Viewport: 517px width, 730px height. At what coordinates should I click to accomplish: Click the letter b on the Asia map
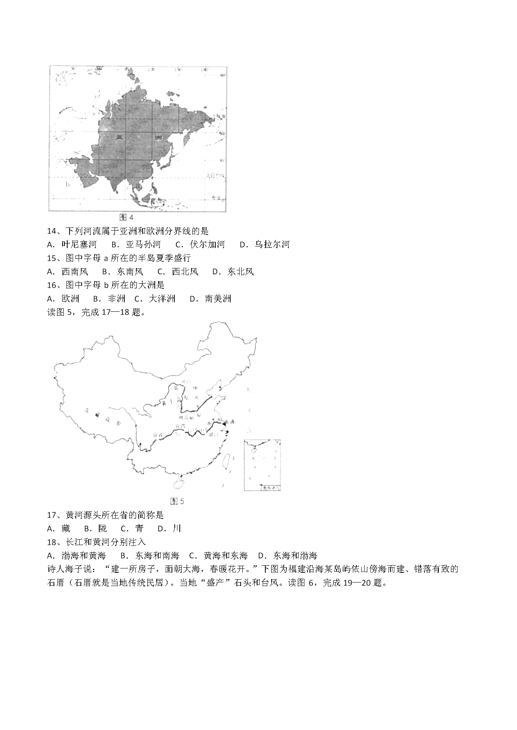[68, 184]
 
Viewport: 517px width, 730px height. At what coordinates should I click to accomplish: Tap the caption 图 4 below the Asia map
[126, 217]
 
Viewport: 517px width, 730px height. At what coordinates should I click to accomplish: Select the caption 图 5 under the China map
[177, 501]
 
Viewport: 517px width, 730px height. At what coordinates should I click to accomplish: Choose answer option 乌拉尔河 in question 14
[272, 245]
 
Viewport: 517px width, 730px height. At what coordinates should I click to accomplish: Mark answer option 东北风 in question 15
[241, 272]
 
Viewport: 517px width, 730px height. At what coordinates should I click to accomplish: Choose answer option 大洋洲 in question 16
[162, 298]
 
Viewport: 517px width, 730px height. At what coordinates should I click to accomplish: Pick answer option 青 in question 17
[140, 529]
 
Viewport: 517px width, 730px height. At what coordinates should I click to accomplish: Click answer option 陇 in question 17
[102, 529]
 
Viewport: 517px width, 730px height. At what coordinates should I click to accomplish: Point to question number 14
[52, 231]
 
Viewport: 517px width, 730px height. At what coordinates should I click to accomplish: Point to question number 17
[52, 515]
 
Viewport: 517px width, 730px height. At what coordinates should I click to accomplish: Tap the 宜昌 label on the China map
[180, 426]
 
